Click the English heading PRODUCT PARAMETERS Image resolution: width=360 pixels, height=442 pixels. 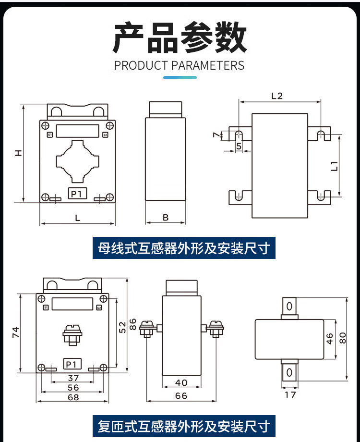point(179,65)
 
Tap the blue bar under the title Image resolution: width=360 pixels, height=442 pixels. point(180,77)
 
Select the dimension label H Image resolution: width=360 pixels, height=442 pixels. point(18,153)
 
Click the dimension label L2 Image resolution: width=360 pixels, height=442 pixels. point(276,96)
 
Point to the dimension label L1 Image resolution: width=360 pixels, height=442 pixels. point(334,166)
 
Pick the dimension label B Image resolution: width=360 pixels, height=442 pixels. point(166,217)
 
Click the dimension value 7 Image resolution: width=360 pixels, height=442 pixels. point(216,135)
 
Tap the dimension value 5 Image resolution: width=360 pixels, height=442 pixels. point(239,146)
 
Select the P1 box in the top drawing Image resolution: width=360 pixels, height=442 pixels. point(77,194)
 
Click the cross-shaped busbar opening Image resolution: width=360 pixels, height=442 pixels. point(77,161)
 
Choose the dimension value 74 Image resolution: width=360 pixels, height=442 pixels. point(15,332)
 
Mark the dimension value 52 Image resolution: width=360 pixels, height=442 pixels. point(122,328)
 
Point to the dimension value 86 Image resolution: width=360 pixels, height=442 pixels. point(132,324)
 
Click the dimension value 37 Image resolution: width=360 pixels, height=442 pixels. point(73,378)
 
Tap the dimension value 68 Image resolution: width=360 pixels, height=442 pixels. point(73,397)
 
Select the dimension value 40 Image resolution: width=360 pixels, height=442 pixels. point(181,382)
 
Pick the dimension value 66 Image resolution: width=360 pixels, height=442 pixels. point(181,396)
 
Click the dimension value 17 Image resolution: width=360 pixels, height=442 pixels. point(290,394)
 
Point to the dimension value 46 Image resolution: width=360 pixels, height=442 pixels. point(330,339)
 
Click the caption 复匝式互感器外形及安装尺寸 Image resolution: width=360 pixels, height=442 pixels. point(184,426)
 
